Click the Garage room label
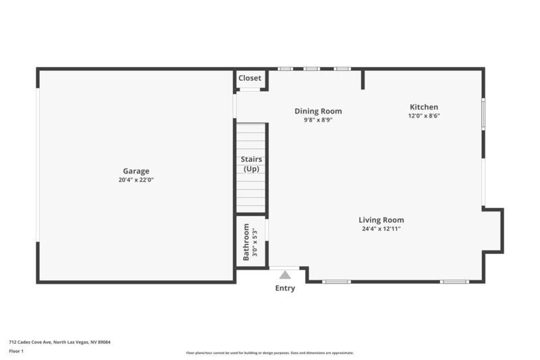[136, 171]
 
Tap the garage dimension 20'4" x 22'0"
[136, 180]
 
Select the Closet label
[250, 78]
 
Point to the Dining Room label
[318, 111]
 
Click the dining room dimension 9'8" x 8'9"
[318, 120]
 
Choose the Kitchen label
[424, 107]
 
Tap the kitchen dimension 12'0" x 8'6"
[424, 115]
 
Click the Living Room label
[381, 220]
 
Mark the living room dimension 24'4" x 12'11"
[381, 228]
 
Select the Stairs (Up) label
[251, 164]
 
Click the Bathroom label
[246, 241]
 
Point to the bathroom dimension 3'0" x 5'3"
[255, 241]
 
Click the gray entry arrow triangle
[285, 274]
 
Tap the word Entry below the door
[285, 288]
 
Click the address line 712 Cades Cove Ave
[59, 342]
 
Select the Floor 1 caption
[16, 351]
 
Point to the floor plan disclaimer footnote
[269, 353]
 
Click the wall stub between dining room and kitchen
[362, 79]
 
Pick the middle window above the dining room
[310, 68]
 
